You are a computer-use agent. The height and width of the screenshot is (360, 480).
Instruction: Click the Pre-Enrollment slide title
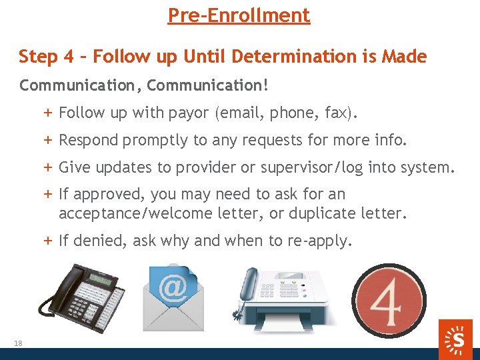pyautogui.click(x=239, y=15)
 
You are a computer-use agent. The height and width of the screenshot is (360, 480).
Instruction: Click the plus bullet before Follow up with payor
pyautogui.click(x=49, y=113)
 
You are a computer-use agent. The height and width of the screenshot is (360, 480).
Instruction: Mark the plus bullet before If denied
pyautogui.click(x=49, y=241)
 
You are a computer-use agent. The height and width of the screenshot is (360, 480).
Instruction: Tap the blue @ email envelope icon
pyautogui.click(x=172, y=293)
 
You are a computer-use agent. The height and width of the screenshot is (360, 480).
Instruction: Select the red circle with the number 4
pyautogui.click(x=389, y=298)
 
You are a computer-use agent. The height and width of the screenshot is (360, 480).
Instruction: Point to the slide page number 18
pyautogui.click(x=17, y=343)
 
